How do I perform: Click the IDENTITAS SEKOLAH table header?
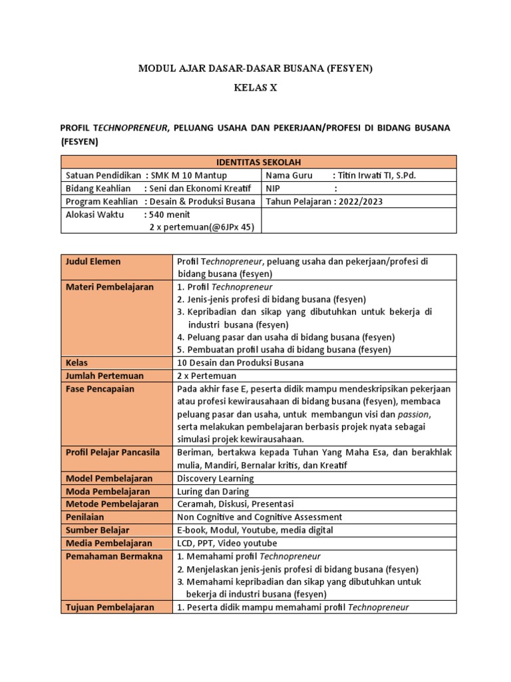258,162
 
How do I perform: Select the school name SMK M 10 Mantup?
189,175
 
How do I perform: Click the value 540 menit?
170,214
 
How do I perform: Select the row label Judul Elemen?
93,262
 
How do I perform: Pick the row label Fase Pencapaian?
100,388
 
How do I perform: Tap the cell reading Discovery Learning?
216,478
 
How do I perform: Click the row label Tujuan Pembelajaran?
110,607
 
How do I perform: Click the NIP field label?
273,188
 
